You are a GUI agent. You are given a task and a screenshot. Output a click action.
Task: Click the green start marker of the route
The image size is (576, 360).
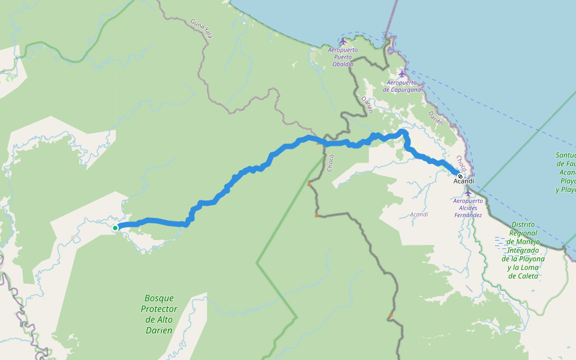pyautogui.click(x=115, y=228)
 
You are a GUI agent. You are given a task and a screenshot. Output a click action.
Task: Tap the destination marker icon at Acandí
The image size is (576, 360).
pyautogui.click(x=460, y=176)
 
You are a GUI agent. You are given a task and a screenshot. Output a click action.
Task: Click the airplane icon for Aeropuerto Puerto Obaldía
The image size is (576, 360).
pyautogui.click(x=343, y=41)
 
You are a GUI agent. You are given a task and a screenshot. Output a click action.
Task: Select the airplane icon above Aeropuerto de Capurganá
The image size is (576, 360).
pyautogui.click(x=402, y=74)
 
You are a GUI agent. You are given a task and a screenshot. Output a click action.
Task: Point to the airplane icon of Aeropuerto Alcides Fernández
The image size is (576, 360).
pyautogui.click(x=468, y=193)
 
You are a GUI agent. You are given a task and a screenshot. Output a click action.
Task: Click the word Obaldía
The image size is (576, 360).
pyautogui.click(x=343, y=64)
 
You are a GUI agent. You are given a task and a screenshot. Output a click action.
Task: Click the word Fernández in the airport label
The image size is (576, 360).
pyautogui.click(x=468, y=215)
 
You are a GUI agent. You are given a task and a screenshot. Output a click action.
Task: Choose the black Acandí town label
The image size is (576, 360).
pyautogui.click(x=464, y=181)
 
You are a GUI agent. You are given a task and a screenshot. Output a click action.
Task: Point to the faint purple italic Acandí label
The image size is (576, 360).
pyautogui.click(x=419, y=214)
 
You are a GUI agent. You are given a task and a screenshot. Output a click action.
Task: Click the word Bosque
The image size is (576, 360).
pyautogui.click(x=159, y=298)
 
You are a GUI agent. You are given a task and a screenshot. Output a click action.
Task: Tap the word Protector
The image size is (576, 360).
pyautogui.click(x=159, y=309)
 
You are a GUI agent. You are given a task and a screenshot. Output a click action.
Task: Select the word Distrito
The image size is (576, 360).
pyautogui.click(x=524, y=224)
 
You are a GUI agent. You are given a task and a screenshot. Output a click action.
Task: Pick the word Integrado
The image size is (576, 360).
pyautogui.click(x=524, y=250)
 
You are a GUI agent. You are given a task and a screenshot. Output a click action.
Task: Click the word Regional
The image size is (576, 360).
pyautogui.click(x=524, y=233)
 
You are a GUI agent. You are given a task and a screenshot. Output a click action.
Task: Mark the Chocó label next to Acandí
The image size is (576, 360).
pyautogui.click(x=461, y=163)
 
